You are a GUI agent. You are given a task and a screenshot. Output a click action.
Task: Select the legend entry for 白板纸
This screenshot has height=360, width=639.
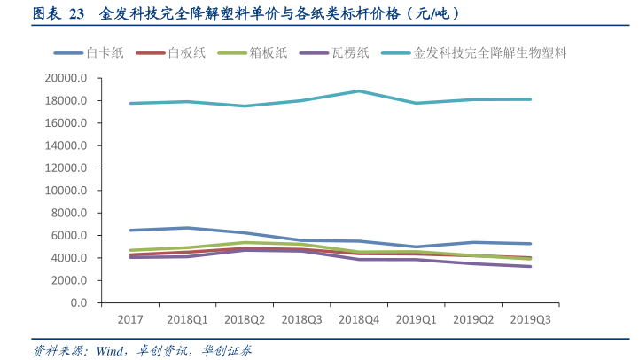187,53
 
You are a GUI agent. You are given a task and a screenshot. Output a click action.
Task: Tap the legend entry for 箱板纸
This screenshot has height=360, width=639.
269,53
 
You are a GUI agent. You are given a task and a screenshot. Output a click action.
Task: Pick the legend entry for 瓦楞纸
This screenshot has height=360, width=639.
351,53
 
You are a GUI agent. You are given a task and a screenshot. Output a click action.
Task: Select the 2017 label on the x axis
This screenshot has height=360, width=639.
130,319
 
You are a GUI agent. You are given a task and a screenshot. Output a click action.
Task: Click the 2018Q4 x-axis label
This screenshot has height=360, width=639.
359,319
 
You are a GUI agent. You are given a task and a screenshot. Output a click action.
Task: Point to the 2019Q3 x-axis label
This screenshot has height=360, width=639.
529,319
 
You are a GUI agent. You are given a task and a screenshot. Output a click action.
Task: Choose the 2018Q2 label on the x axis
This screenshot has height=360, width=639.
245,319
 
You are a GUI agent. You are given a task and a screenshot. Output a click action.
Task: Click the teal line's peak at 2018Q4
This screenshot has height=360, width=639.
359,90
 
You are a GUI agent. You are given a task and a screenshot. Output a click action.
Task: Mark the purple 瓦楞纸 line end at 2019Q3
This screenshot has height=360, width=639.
530,266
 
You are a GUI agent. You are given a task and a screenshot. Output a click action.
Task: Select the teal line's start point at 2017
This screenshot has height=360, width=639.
131,103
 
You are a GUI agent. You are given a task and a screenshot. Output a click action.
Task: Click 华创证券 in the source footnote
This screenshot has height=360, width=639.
227,350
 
